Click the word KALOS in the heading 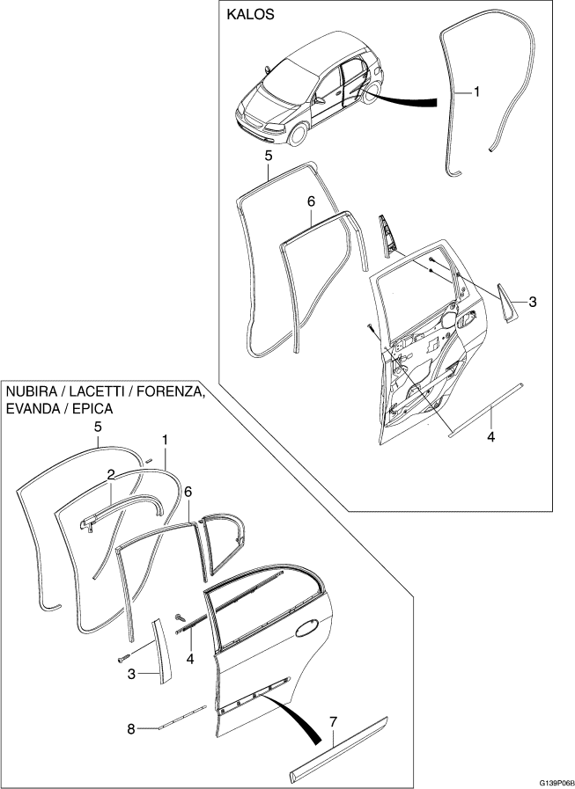click(250, 15)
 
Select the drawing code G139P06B click(556, 784)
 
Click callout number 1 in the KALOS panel click(476, 92)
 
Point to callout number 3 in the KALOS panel click(533, 302)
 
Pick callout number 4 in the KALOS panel click(490, 437)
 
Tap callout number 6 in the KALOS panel click(311, 201)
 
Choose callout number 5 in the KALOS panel click(268, 156)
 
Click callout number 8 click(131, 729)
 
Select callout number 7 click(333, 721)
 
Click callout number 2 click(111, 474)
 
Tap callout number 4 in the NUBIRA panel click(190, 659)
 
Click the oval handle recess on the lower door click(307, 629)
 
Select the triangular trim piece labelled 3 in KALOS click(505, 302)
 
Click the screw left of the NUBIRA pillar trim click(123, 657)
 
